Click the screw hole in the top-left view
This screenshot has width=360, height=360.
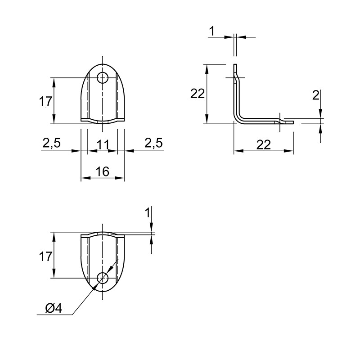103,78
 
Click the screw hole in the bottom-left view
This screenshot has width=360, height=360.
103,278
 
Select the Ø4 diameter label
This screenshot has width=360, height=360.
54,308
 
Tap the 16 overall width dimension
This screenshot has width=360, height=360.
103,171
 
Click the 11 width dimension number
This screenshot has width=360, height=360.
103,144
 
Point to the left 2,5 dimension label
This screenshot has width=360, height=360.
51,143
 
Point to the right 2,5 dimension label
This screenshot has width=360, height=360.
153,143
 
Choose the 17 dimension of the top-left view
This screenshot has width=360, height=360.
46,101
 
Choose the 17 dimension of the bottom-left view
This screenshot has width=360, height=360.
46,256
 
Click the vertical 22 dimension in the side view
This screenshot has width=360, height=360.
198,94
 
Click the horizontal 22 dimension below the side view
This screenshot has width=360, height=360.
264,145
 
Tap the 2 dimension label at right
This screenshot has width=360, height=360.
316,95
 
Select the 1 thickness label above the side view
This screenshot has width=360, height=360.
212,31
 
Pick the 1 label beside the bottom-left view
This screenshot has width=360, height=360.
148,212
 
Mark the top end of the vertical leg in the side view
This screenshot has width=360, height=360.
235,64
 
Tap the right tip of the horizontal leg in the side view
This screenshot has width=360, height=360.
293,122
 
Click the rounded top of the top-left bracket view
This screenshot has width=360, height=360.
103,64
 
